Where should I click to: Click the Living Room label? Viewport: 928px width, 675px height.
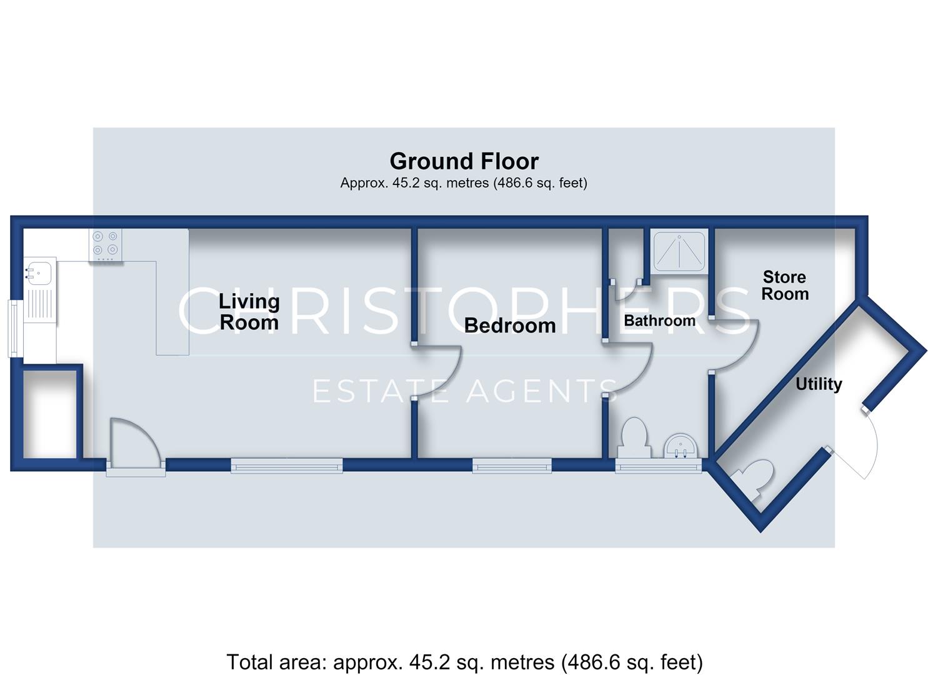[249, 312]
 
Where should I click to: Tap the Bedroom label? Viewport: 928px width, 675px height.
[510, 325]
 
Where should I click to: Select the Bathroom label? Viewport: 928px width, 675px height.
[659, 320]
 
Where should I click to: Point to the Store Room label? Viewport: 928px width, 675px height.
[785, 285]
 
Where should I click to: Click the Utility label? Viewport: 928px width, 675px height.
[819, 384]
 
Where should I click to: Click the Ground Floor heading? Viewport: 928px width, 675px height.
[464, 161]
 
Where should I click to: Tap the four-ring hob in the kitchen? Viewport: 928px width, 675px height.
[106, 245]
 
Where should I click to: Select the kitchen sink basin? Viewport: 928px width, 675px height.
[38, 273]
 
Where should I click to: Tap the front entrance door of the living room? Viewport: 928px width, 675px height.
[136, 444]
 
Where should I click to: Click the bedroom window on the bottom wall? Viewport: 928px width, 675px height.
[512, 466]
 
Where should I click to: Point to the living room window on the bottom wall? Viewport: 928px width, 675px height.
[287, 466]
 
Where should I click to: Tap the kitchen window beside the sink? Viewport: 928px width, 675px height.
[13, 328]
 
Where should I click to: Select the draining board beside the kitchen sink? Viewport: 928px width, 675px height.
[39, 305]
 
